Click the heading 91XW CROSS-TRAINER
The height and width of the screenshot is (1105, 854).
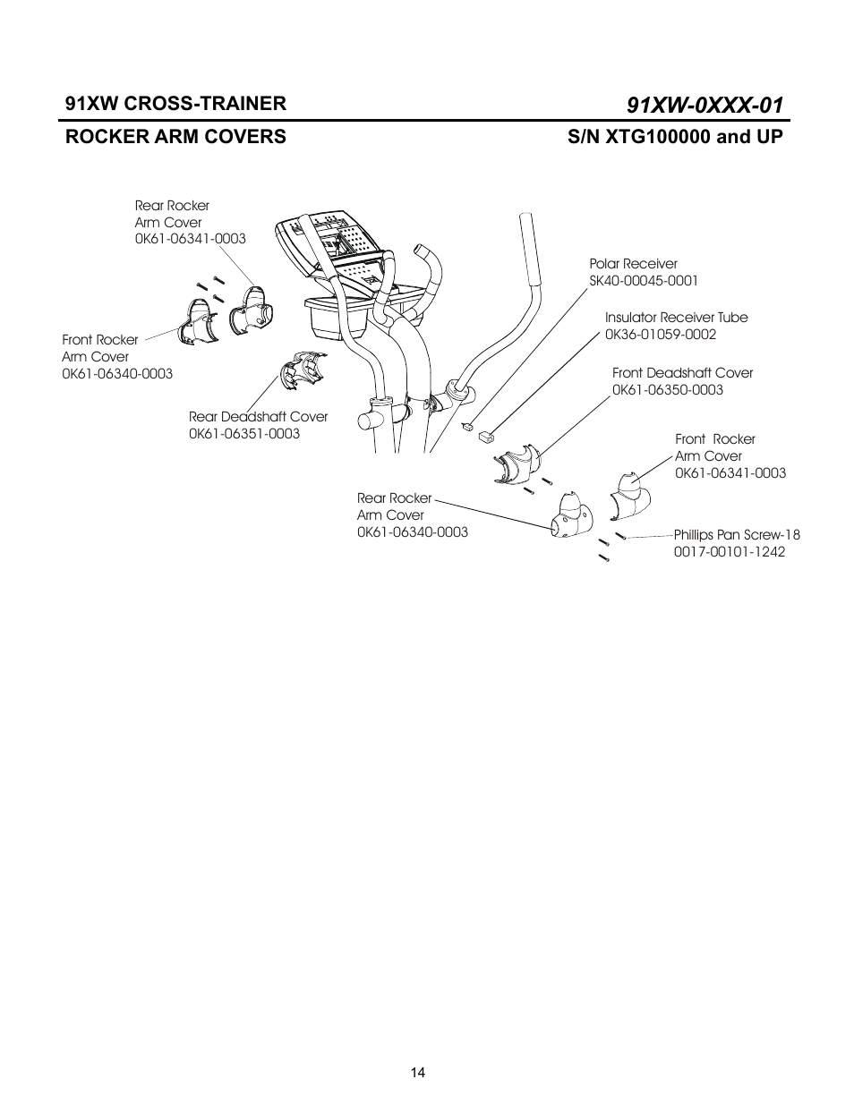(x=175, y=103)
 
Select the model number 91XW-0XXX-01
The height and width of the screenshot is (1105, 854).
(x=705, y=105)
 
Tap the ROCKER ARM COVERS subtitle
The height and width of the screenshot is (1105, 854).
(x=175, y=137)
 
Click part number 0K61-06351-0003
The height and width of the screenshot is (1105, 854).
(x=243, y=434)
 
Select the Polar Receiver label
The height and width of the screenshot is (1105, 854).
(x=633, y=264)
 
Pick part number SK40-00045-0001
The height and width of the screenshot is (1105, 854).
(x=643, y=281)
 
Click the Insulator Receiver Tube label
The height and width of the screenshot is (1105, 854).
(x=676, y=318)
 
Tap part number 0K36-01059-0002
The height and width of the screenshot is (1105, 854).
(x=660, y=335)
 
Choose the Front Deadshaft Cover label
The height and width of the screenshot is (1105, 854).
(x=682, y=373)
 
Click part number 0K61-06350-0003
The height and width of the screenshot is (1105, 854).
(x=667, y=390)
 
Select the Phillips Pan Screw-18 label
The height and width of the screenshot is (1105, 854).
(x=737, y=535)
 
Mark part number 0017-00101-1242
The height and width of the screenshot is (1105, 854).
(x=729, y=552)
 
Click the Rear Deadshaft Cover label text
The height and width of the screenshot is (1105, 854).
(x=258, y=417)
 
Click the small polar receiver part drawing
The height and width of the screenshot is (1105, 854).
(x=466, y=428)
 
